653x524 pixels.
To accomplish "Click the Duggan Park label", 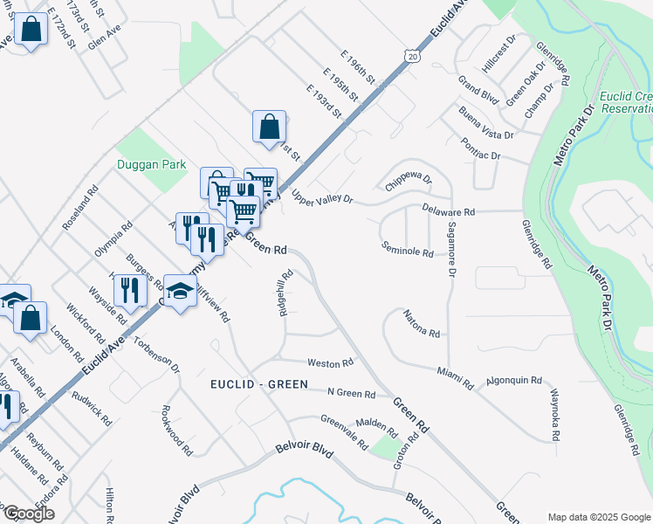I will coord(152,164).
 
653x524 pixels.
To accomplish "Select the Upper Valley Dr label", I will coord(322,199).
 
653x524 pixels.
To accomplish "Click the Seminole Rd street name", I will coord(408,252).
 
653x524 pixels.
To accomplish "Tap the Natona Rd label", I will coord(421,329).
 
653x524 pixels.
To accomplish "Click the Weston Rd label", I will coord(329,362).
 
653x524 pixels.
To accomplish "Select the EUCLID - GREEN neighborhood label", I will coord(258,384).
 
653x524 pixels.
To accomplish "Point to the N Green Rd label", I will coord(351,395).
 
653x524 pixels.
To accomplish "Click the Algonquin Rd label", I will coord(514,382).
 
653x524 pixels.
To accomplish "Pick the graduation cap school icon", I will coord(179,292).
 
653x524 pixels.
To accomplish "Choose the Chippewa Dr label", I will coord(409,183).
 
